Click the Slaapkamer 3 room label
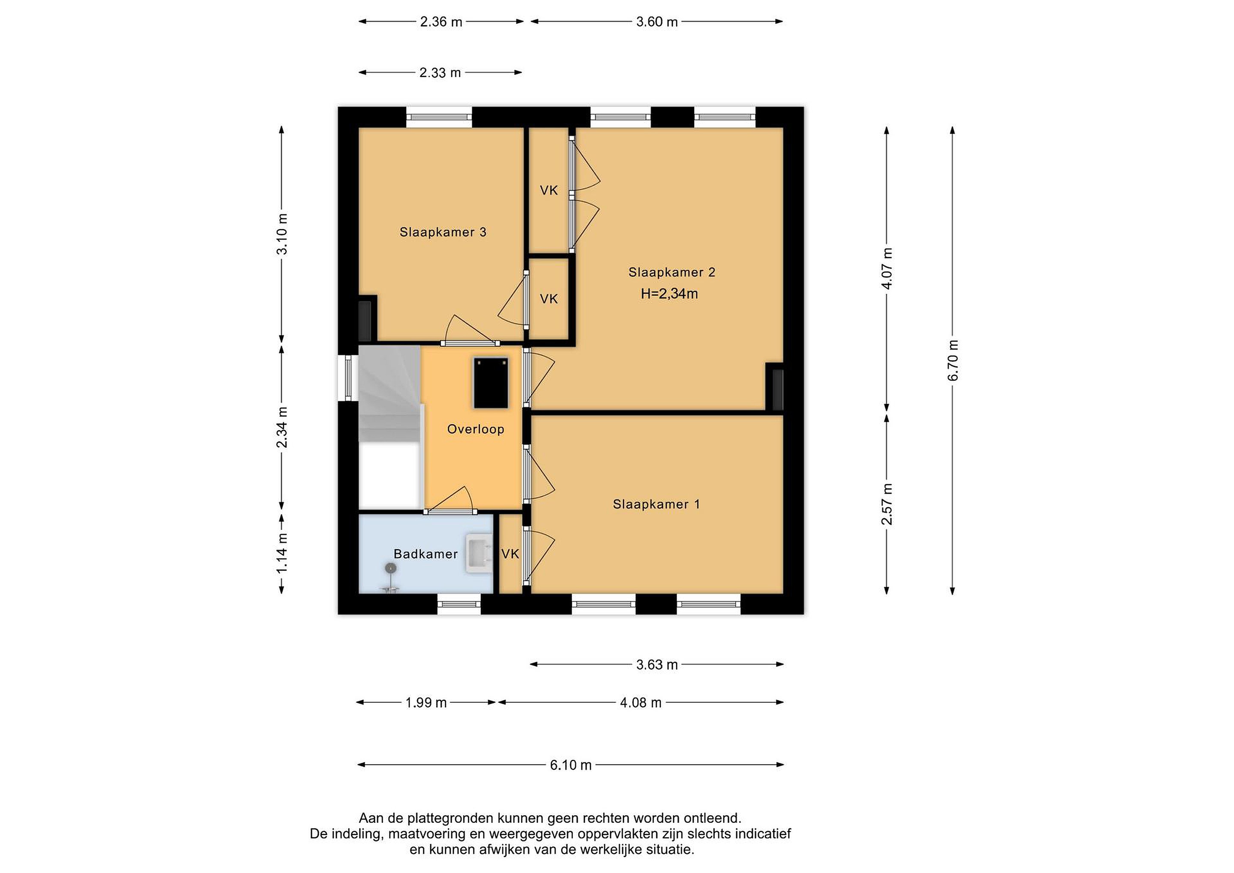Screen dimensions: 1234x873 443,232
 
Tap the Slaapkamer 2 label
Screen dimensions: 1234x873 672,273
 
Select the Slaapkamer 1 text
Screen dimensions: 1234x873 656,504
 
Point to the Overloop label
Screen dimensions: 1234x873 476,429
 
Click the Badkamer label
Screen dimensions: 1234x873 425,554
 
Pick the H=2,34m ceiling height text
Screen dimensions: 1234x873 669,294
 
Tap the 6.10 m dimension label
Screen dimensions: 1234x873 571,765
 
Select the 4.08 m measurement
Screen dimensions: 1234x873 641,702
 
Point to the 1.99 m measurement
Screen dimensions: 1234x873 426,702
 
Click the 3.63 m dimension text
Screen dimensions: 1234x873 657,665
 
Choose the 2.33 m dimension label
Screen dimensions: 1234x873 440,72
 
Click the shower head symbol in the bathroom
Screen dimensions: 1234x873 390,568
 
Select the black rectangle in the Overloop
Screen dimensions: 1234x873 491,383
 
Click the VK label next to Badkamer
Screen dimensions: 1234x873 510,554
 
